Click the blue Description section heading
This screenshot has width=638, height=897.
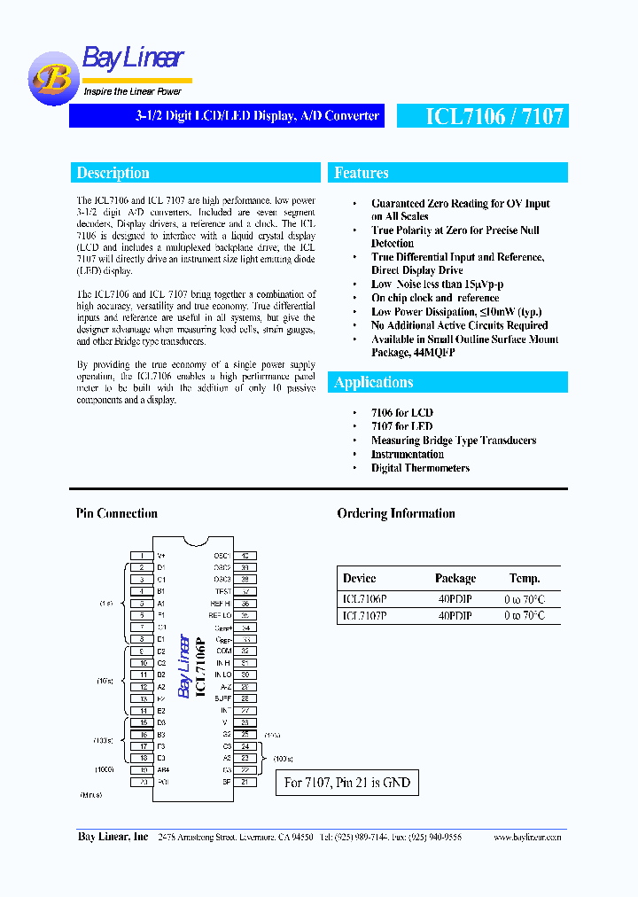[x=113, y=173]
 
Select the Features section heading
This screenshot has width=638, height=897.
[x=362, y=173]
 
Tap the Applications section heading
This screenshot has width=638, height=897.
[x=373, y=382]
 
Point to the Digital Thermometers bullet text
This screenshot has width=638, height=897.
[x=420, y=468]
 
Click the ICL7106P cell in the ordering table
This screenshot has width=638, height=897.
[x=364, y=598]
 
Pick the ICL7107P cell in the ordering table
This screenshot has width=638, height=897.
[x=364, y=615]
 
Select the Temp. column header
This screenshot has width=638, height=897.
[x=524, y=578]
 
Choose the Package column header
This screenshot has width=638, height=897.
[x=455, y=578]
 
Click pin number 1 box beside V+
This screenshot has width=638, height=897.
[x=141, y=555]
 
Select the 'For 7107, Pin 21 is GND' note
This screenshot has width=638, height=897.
[x=346, y=783]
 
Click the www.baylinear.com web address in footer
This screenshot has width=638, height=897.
[x=527, y=837]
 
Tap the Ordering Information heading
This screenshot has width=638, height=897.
[x=396, y=513]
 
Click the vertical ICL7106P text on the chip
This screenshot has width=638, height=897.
[x=200, y=666]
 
